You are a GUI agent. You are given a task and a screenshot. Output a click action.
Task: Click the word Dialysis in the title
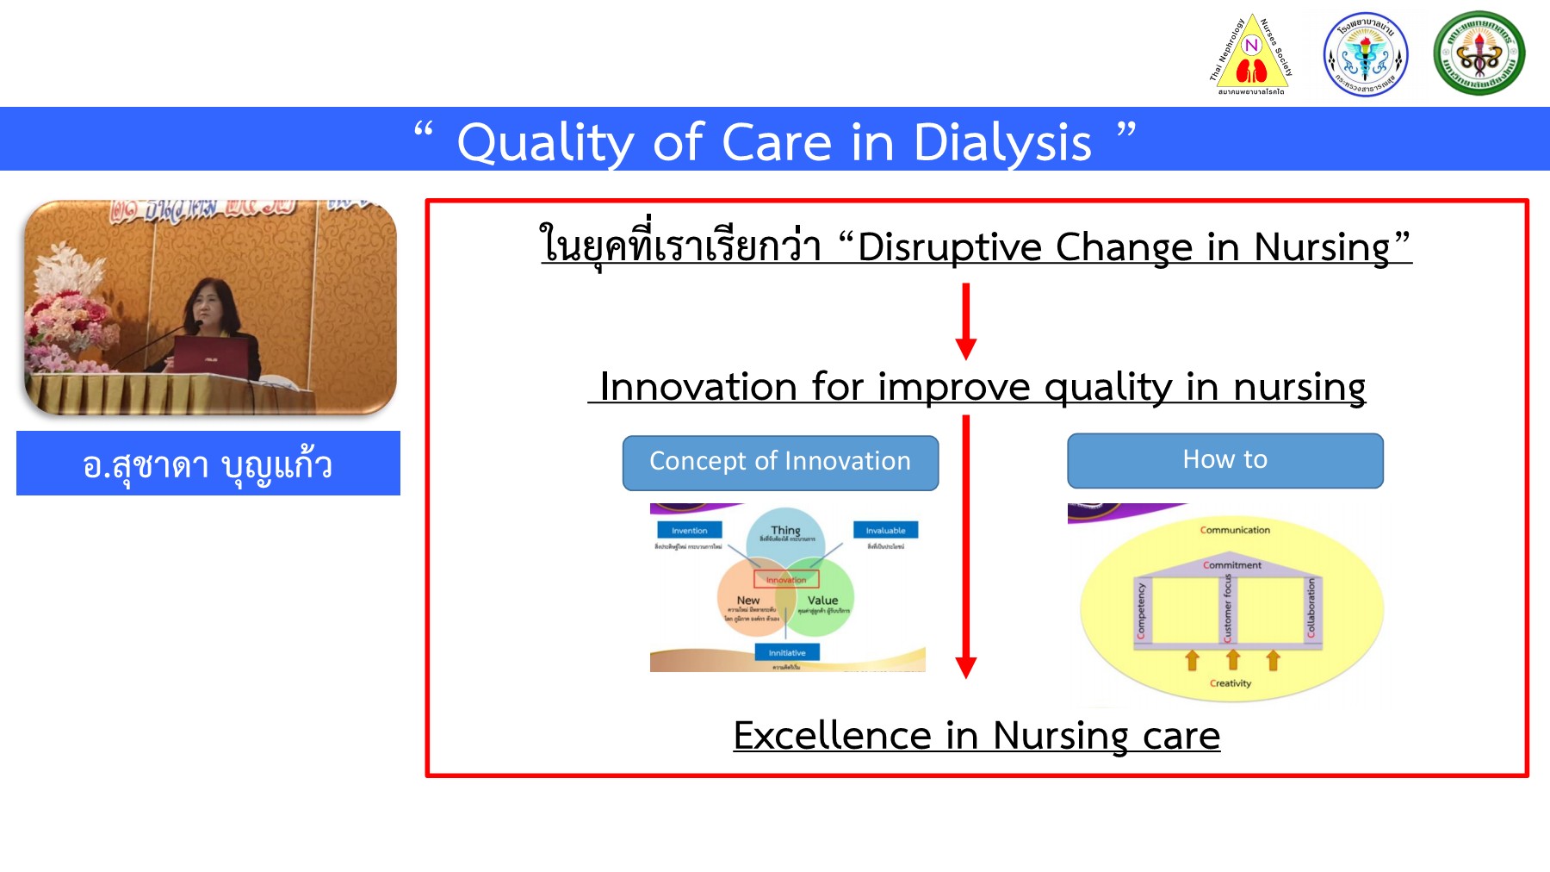coord(1001,142)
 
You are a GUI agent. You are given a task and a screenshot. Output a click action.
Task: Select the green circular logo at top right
coord(1479,53)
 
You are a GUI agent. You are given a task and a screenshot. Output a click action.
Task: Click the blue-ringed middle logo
coord(1366,54)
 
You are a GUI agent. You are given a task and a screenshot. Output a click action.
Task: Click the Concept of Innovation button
coord(780,463)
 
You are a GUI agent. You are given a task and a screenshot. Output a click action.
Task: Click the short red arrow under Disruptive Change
coord(966,321)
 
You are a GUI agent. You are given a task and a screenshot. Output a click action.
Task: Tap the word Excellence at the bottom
coord(832,736)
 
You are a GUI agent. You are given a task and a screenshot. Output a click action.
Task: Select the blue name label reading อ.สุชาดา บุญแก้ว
coord(208,464)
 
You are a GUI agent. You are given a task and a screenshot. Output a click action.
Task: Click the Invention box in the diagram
coord(689,530)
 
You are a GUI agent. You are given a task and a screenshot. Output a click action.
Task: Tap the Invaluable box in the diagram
coord(885,530)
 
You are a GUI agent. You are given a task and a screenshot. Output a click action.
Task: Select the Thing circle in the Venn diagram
coord(784,533)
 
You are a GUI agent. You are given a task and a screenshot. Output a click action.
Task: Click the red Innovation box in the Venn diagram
coord(786,579)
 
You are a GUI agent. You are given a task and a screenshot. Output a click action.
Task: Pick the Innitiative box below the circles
coord(787,652)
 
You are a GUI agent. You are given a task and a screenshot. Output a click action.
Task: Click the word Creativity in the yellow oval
coord(1231,683)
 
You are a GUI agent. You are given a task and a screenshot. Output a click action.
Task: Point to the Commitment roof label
coord(1232,565)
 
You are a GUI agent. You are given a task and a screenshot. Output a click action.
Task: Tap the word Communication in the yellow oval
coord(1235,530)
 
